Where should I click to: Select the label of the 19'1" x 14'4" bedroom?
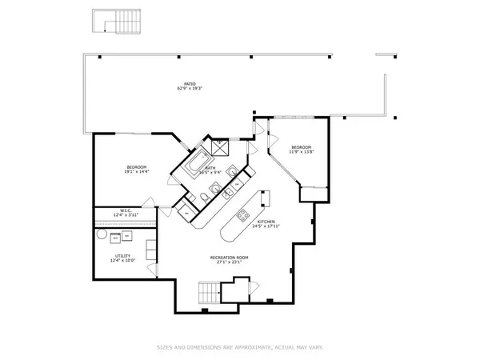point(136,166)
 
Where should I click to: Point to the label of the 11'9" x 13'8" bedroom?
point(301,147)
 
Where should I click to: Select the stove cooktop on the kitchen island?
point(243,215)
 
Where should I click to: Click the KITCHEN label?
point(266,222)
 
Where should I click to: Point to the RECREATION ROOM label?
point(229,257)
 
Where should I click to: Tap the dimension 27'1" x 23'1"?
point(229,262)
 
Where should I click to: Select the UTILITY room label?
point(122,256)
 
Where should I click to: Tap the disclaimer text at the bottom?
point(239,347)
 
